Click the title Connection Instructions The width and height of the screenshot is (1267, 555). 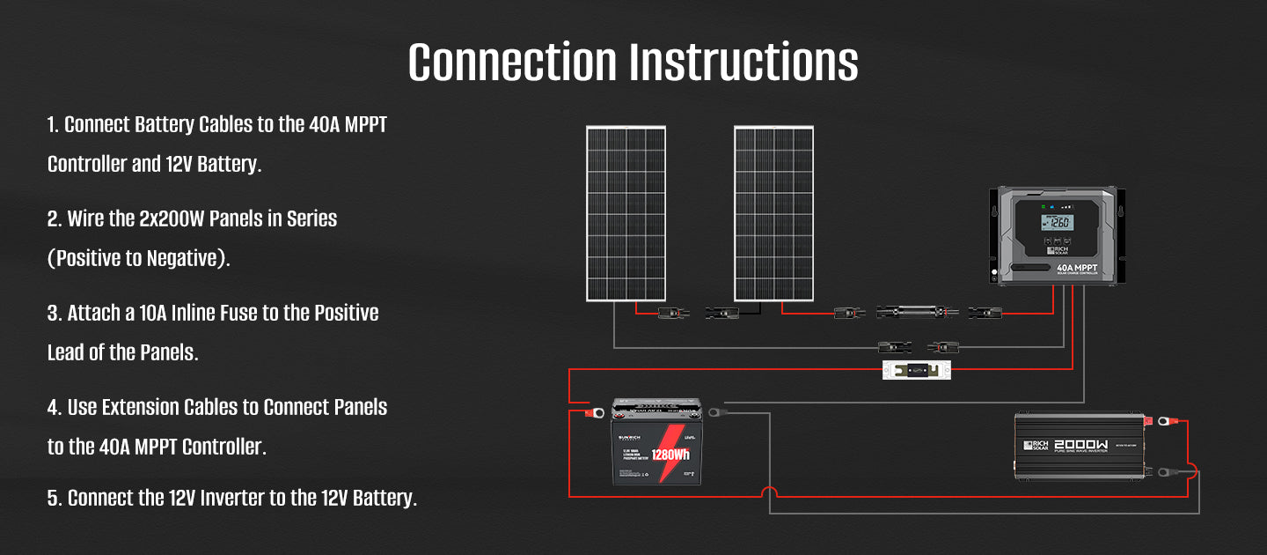pyautogui.click(x=633, y=63)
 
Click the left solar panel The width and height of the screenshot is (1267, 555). pyautogui.click(x=626, y=214)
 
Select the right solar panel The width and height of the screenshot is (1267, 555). pyautogui.click(x=773, y=214)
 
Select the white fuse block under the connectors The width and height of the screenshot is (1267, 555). pyautogui.click(x=916, y=370)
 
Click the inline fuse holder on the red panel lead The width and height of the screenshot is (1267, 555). pyautogui.click(x=916, y=312)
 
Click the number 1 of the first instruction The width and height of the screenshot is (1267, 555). pyautogui.click(x=52, y=125)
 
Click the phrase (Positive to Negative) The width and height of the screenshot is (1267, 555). pyautogui.click(x=138, y=259)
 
